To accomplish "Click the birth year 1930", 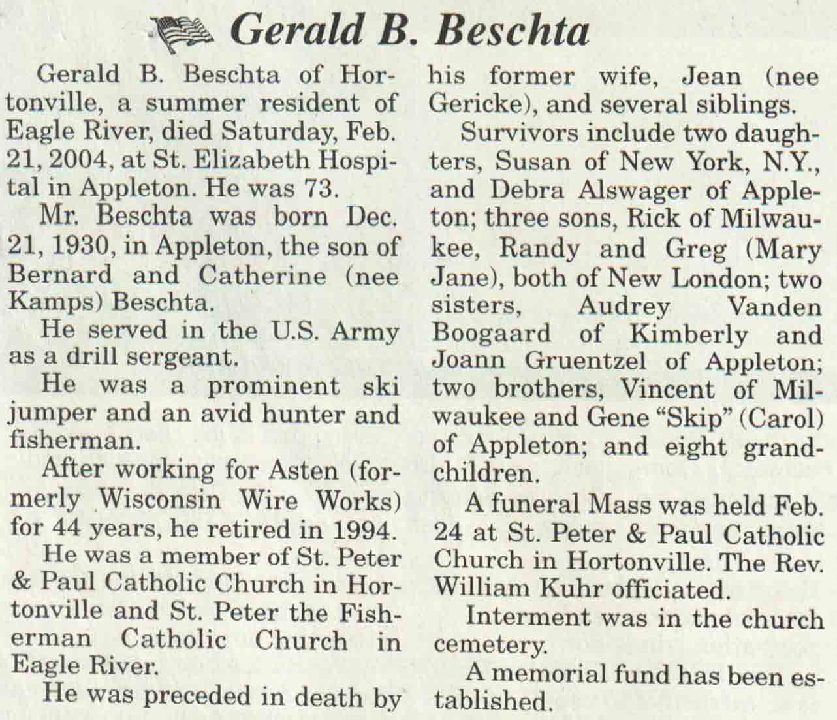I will coord(80,246).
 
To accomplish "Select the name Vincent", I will coord(661,390).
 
